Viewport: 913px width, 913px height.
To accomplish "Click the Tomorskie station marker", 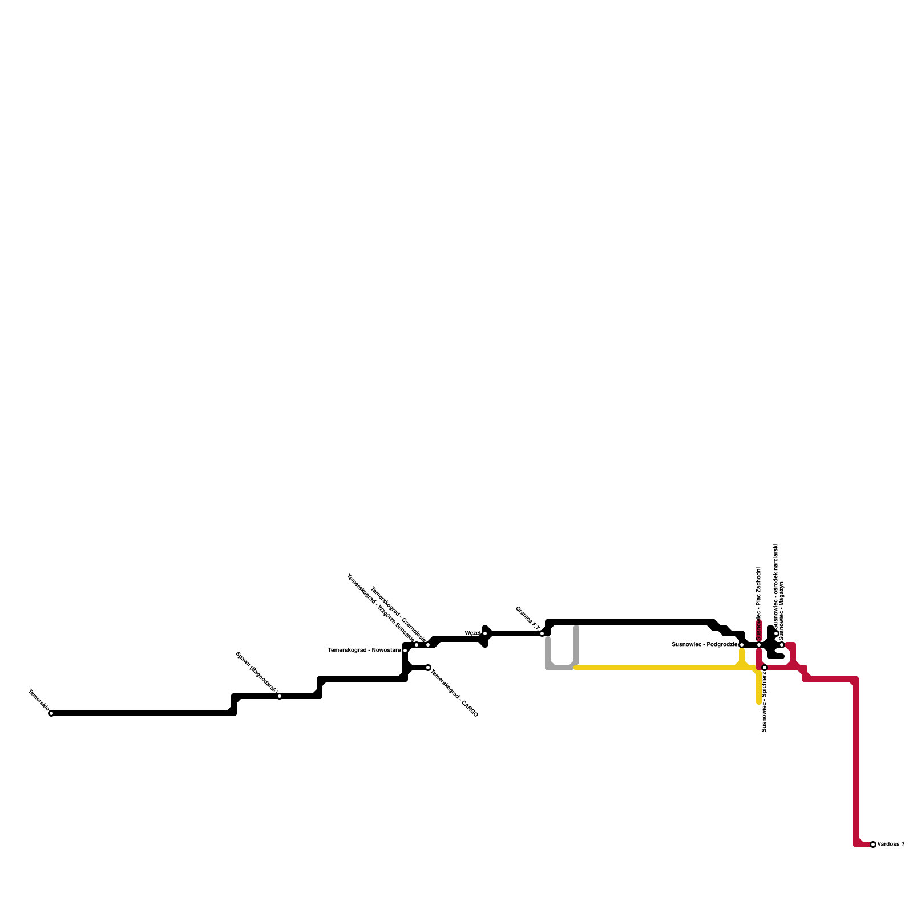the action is pyautogui.click(x=51, y=713).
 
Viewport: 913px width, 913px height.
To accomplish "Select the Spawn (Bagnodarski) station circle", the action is pyautogui.click(x=280, y=696).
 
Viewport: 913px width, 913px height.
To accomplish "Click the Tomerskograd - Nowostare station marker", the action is pyautogui.click(x=405, y=651).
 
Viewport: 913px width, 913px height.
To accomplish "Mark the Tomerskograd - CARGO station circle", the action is pyautogui.click(x=428, y=668).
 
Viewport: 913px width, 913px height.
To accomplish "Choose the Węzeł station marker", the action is pyautogui.click(x=485, y=633).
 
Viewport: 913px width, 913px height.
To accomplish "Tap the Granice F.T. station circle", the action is pyautogui.click(x=542, y=633).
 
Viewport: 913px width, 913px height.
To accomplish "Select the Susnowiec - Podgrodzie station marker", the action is pyautogui.click(x=742, y=645).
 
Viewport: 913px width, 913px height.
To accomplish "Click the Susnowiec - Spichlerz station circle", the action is pyautogui.click(x=765, y=668).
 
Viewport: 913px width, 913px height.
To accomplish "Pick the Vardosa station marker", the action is pyautogui.click(x=873, y=845).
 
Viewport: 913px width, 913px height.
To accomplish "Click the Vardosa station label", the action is pyautogui.click(x=890, y=845).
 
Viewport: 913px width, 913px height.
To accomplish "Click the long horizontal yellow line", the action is pyautogui.click(x=656, y=668).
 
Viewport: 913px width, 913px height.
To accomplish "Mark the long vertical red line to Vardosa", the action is pyautogui.click(x=856, y=765).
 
